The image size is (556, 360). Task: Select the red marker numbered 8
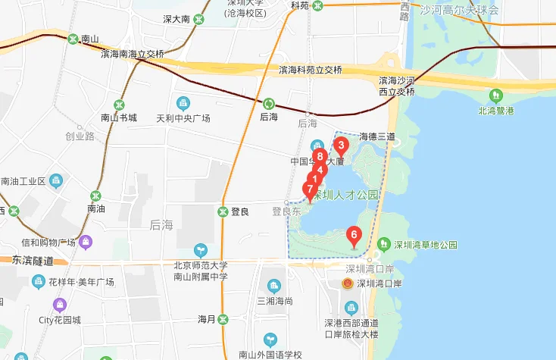(320, 158)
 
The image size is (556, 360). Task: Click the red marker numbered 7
(309, 189)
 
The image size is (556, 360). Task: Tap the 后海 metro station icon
(268, 103)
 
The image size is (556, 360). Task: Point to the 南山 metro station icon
(73, 39)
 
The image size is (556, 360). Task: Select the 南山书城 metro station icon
(118, 104)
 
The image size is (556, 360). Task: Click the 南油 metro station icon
(95, 196)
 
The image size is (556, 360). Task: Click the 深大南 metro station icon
(198, 19)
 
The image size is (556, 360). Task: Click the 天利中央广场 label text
(183, 118)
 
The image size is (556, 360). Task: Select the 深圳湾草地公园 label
(425, 245)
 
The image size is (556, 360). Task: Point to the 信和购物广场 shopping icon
(86, 243)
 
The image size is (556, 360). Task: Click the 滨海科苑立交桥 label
(310, 70)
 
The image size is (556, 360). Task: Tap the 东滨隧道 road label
(33, 260)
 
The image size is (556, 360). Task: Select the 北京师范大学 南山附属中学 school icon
(201, 249)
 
